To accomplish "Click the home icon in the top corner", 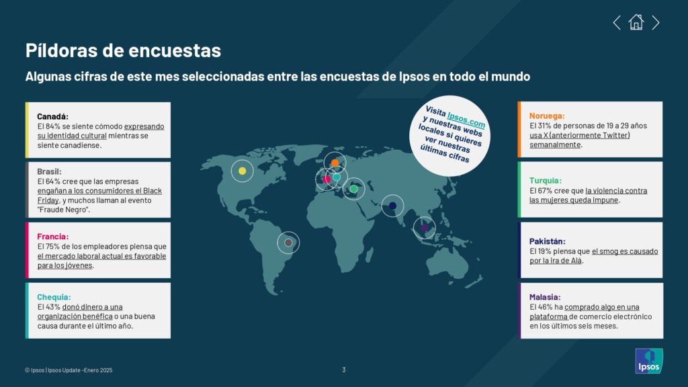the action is click(x=636, y=22).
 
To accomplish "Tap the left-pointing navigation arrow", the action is click(x=617, y=22).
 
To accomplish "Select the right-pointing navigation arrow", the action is click(x=656, y=22).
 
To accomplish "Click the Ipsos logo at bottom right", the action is click(x=649, y=361).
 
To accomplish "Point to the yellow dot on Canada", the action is click(x=242, y=171).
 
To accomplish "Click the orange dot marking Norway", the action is click(x=335, y=163).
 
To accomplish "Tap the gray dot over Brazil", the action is click(x=288, y=243).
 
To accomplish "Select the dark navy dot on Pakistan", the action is click(x=392, y=206).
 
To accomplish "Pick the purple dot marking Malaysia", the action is click(x=425, y=228).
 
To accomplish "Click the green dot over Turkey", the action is click(x=353, y=189).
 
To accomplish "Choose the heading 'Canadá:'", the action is click(x=52, y=116).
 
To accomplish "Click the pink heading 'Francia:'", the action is click(x=52, y=236).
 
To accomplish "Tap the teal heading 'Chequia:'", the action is click(x=54, y=297).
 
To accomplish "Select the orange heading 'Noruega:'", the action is click(x=547, y=116).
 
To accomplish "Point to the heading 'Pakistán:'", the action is click(x=547, y=241).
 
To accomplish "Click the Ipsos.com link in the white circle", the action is click(x=466, y=118).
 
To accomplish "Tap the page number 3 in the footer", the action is click(x=344, y=370).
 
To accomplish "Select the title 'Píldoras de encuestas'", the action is click(x=124, y=50).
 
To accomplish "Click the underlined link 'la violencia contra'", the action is click(x=616, y=190).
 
